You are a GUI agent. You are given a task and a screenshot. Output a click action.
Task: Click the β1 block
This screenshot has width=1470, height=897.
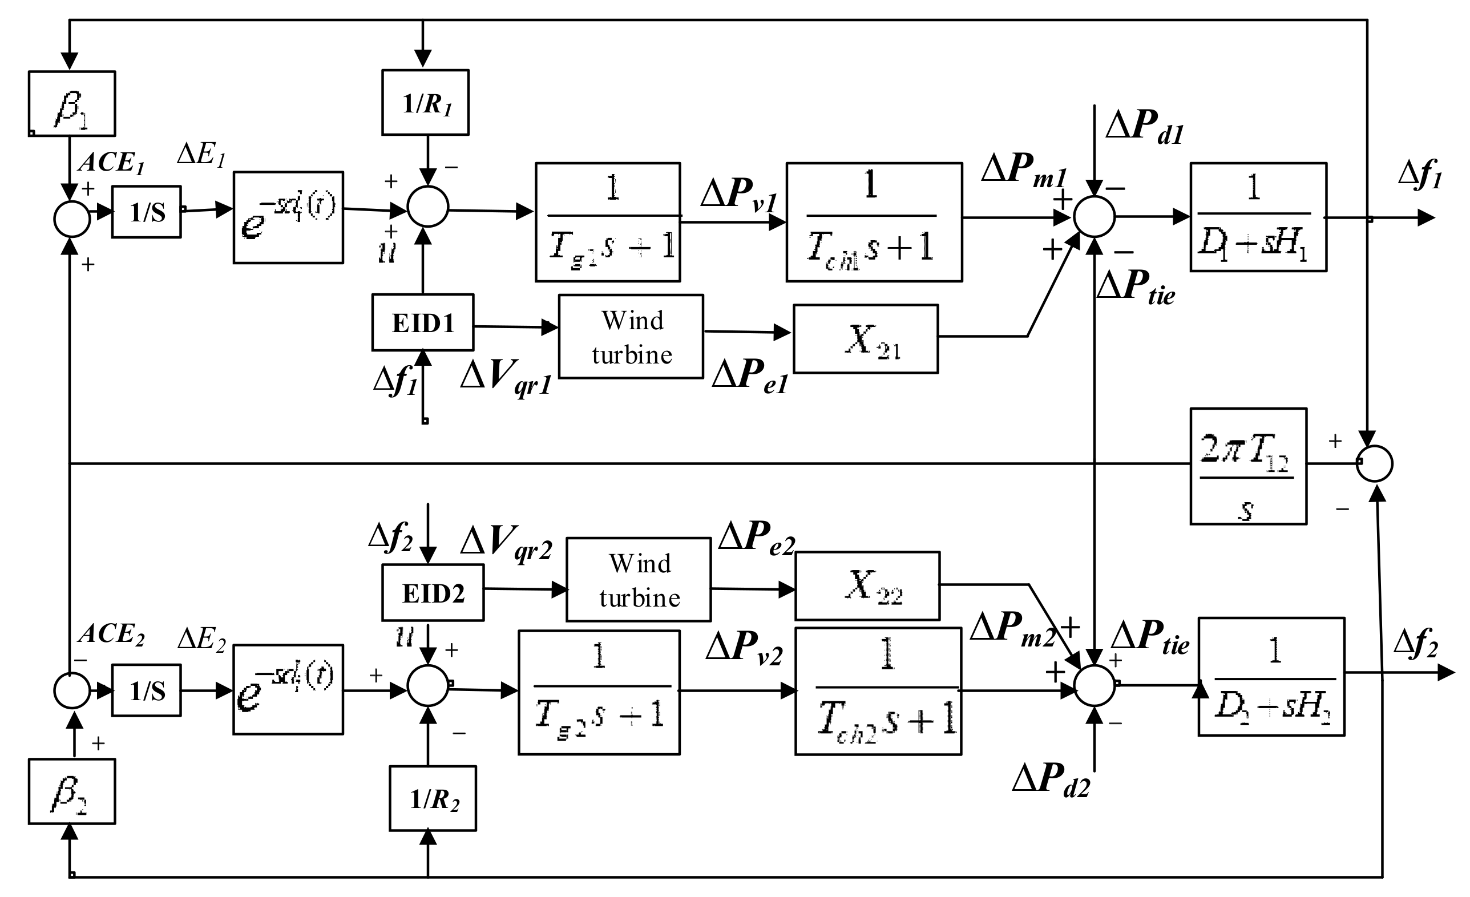71,104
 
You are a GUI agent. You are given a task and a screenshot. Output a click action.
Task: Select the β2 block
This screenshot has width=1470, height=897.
71,791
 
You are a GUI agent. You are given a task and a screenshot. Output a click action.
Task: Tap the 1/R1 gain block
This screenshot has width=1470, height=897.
425,103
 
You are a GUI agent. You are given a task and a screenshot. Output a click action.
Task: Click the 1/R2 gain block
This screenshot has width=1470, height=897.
433,798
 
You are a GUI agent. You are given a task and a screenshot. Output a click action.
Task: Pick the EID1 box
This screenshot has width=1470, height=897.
422,322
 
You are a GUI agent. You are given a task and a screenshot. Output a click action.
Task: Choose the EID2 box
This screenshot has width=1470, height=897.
433,593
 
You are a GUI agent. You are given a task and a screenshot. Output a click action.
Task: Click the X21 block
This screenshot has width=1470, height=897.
865,339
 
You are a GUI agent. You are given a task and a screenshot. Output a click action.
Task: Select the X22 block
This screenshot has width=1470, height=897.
867,586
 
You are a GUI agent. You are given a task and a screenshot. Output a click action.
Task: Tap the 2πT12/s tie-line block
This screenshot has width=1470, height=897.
1248,466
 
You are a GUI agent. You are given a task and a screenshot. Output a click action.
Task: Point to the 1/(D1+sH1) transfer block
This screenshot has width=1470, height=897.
1258,217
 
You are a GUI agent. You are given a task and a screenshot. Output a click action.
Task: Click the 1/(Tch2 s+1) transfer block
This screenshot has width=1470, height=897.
878,691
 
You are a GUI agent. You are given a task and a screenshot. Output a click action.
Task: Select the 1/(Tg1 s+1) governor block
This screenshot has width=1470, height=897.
607,222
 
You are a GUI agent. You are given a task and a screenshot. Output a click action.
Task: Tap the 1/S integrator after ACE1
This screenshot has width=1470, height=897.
146,212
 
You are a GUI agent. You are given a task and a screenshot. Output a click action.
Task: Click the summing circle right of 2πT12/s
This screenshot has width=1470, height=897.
1375,464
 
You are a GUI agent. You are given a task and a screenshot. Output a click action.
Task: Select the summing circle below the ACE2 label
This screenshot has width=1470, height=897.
71,690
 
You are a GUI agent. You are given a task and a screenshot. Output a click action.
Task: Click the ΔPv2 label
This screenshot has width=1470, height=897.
744,648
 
